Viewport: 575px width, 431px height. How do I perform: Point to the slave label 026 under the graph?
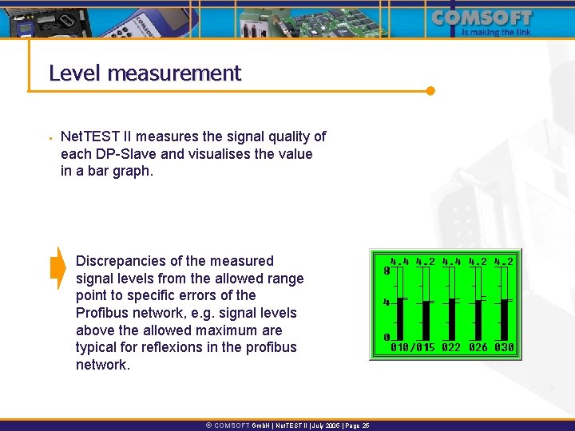tap(478, 347)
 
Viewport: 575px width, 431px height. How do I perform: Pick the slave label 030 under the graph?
tap(505, 347)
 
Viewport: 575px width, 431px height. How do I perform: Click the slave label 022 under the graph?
tap(451, 347)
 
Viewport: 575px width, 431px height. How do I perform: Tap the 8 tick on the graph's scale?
tap(387, 271)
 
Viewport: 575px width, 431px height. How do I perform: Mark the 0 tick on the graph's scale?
tap(387, 338)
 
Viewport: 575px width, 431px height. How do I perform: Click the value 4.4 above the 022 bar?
tap(451, 260)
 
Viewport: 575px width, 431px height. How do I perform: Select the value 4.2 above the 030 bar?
tap(505, 260)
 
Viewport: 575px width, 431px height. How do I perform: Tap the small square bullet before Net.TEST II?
tap(50, 137)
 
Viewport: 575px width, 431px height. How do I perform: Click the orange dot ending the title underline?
tap(430, 90)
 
